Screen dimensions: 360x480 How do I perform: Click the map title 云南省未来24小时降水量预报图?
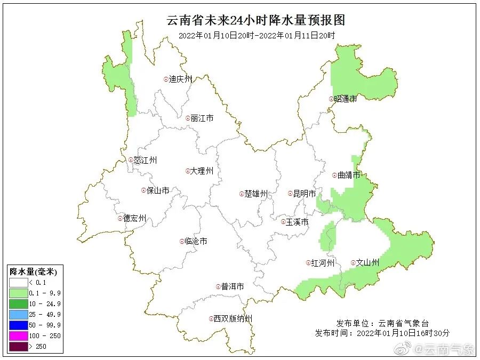[256, 20]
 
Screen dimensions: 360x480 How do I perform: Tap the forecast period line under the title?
[257, 36]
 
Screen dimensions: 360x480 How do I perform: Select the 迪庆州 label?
[180, 79]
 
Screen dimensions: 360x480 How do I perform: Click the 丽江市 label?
[202, 118]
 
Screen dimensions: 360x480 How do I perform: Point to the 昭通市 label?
[346, 99]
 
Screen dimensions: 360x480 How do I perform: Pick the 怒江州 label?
[146, 160]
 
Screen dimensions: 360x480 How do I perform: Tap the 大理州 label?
[202, 171]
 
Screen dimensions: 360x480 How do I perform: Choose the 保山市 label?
[158, 190]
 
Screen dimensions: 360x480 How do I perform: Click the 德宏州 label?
[135, 219]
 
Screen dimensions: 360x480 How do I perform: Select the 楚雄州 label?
[255, 194]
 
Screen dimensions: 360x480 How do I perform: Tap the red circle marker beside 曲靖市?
[334, 175]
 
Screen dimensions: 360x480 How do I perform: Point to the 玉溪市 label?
[297, 222]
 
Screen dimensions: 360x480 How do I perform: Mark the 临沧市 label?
[196, 242]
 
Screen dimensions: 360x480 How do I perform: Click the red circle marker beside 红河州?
[308, 263]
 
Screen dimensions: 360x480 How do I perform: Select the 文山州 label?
[367, 263]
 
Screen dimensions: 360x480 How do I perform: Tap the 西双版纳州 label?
[233, 319]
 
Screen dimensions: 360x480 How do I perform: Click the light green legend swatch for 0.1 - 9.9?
[19, 293]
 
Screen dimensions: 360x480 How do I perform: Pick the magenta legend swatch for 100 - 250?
[19, 336]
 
